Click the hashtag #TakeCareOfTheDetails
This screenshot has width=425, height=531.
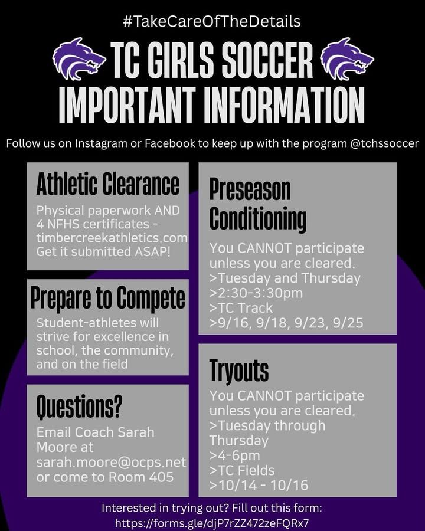tap(212, 21)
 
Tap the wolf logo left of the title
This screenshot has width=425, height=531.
tap(79, 58)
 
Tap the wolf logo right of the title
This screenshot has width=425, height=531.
tap(346, 58)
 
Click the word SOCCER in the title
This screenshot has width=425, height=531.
tap(266, 60)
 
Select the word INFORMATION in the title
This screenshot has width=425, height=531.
tap(284, 106)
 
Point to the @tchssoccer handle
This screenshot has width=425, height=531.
tap(384, 143)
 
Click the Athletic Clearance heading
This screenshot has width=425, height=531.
tap(108, 184)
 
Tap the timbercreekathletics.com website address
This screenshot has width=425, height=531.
tap(112, 238)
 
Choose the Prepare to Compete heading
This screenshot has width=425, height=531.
tap(108, 297)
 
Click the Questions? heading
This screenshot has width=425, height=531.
tap(79, 407)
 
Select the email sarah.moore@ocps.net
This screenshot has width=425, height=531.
tap(111, 462)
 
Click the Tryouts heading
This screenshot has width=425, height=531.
tap(239, 370)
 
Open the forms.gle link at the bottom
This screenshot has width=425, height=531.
tap(212, 523)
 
